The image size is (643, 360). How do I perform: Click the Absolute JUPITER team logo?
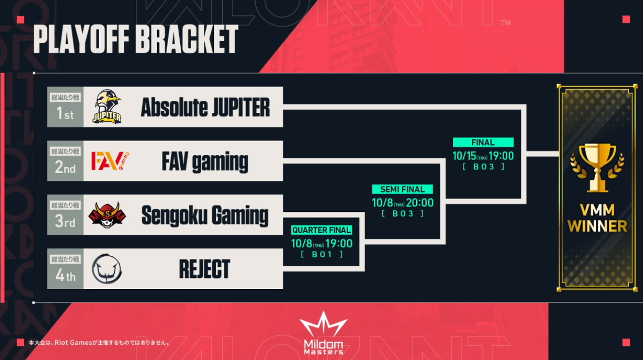coord(107,107)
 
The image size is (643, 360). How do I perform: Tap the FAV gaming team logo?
coord(110,161)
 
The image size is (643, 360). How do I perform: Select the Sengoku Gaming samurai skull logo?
coord(107,214)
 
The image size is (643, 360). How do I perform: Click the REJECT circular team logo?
coord(107,269)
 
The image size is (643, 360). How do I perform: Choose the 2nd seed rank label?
coord(65,167)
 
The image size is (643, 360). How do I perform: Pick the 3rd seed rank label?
coord(65,221)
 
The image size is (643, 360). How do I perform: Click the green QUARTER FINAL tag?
coord(322,230)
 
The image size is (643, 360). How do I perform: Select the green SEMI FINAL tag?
coord(403,189)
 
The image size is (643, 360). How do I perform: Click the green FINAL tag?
coord(483,142)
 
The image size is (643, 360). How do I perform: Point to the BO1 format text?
coord(322,254)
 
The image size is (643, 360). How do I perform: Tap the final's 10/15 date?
coord(464,156)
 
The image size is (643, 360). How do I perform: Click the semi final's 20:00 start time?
coord(420,203)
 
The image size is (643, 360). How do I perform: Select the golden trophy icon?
coord(597,168)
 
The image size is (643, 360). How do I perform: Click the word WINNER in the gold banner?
coord(597,226)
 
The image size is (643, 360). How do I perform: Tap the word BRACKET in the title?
coord(187,39)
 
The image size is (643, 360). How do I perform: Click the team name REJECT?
coord(204,269)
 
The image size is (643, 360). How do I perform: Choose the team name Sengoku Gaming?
coord(205,215)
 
